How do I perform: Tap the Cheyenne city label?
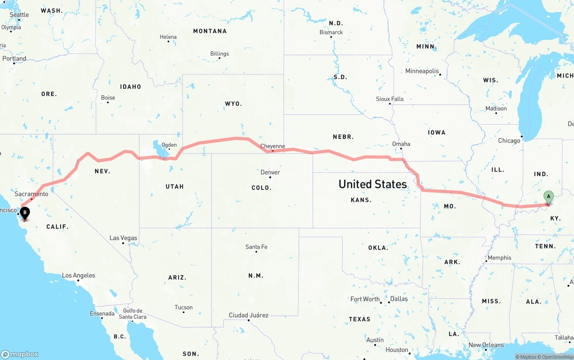click(x=273, y=146)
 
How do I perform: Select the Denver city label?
click(x=270, y=173)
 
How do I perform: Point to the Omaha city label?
click(x=401, y=144)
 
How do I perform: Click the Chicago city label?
click(x=509, y=141)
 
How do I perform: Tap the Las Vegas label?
click(x=123, y=238)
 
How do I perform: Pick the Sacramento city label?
click(x=31, y=194)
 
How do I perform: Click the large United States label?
click(x=373, y=184)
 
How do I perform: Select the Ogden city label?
click(x=169, y=145)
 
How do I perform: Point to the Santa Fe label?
click(x=256, y=247)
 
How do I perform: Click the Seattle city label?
click(x=19, y=15)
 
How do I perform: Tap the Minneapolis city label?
click(x=422, y=71)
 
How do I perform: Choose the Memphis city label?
click(x=500, y=258)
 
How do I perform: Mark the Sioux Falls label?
click(x=390, y=99)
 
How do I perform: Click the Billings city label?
click(x=219, y=54)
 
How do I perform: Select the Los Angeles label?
click(x=78, y=275)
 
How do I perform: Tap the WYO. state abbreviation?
click(x=233, y=104)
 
